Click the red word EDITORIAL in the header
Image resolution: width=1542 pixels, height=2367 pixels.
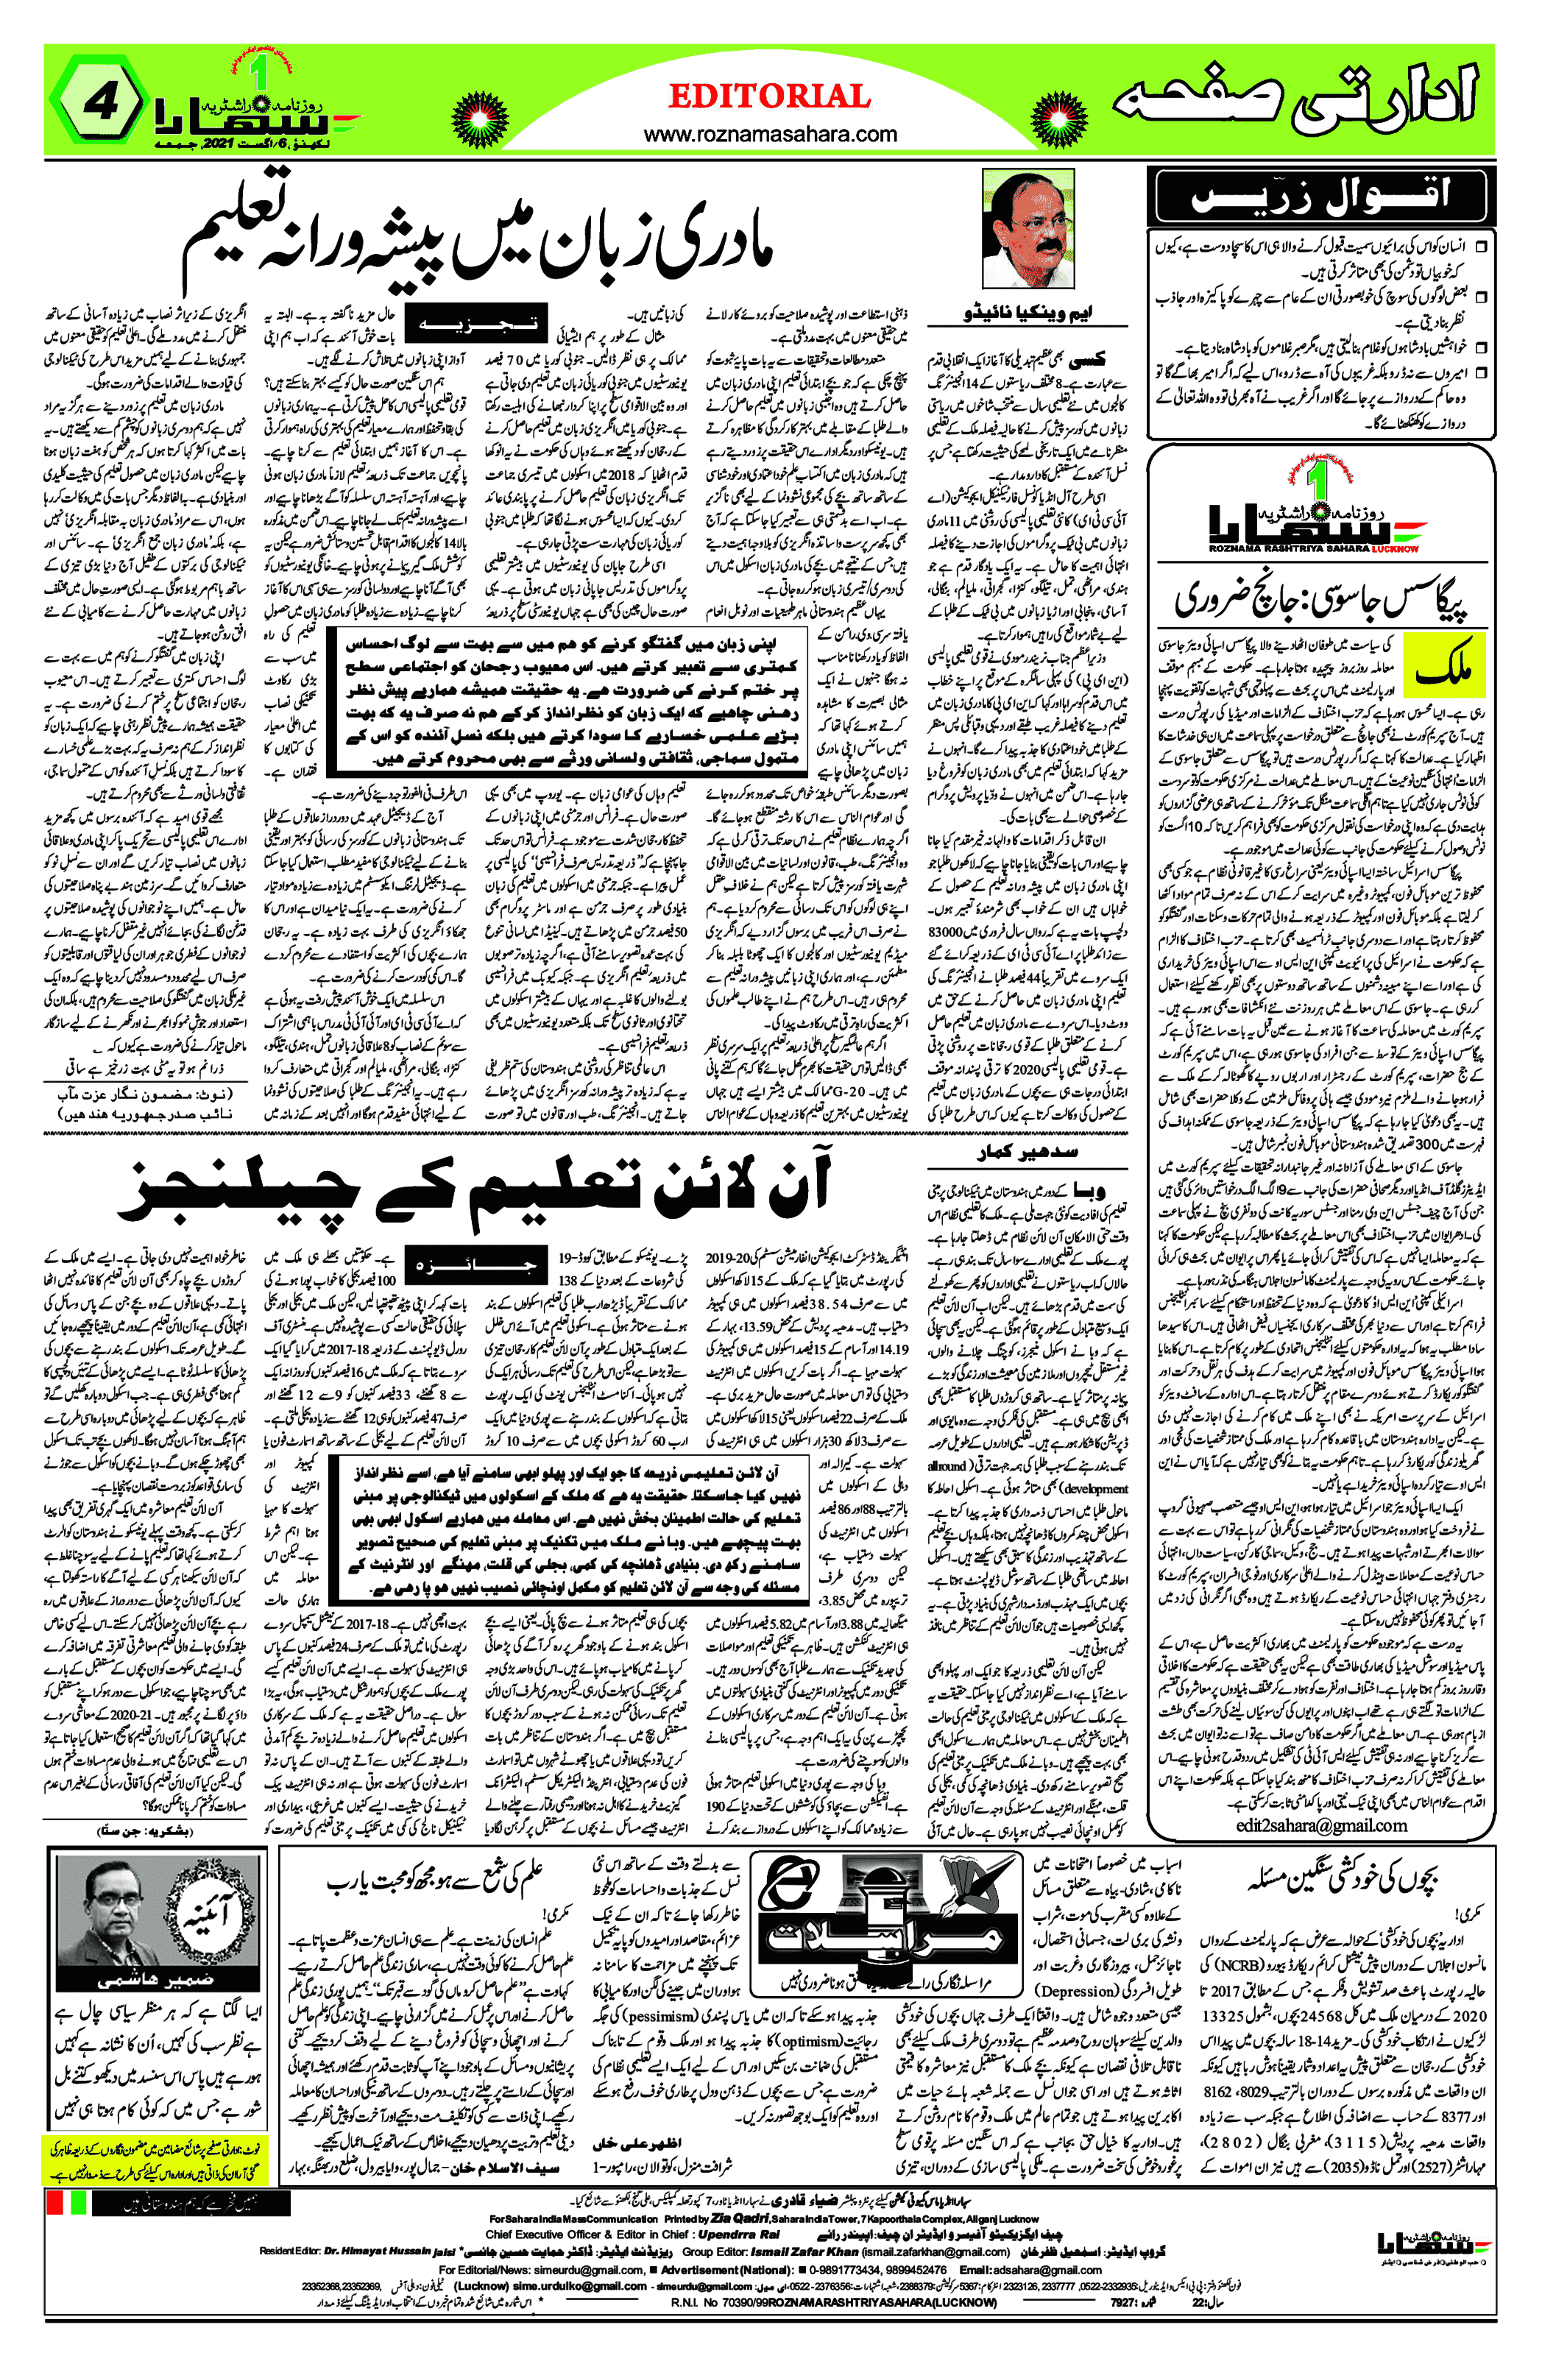click(769, 96)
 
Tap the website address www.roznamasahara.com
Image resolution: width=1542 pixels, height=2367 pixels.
click(770, 133)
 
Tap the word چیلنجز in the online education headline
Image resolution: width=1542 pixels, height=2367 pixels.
click(238, 1190)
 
